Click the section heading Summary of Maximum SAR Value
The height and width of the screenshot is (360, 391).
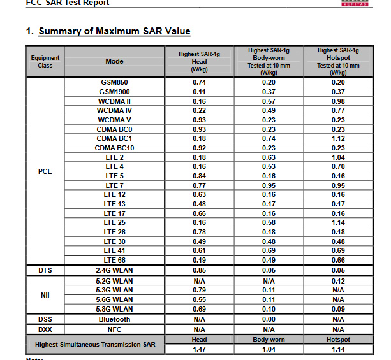coord(114,31)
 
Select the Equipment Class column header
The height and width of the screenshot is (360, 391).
coord(45,62)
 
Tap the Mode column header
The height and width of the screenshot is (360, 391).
coord(115,62)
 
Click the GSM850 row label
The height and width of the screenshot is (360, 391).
coord(115,82)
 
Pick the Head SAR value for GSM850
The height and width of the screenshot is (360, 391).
coord(199,82)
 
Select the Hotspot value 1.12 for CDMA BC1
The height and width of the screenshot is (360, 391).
coord(337,138)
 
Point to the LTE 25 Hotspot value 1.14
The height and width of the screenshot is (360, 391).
coord(337,222)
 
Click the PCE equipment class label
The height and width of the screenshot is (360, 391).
coord(45,171)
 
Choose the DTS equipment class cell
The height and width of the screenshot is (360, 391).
coord(45,270)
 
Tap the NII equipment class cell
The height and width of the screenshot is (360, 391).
coord(45,294)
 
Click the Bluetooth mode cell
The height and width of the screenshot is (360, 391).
coord(115,319)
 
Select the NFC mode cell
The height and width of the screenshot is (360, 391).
coord(115,329)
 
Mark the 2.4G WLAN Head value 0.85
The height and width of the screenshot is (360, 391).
coord(199,270)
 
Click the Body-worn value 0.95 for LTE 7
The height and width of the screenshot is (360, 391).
coord(268,185)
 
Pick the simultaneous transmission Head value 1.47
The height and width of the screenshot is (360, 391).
coord(199,350)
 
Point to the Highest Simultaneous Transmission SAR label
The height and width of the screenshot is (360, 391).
coord(95,345)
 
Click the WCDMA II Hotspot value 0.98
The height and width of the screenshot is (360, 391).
coord(337,101)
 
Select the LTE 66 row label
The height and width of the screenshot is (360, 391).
coord(115,260)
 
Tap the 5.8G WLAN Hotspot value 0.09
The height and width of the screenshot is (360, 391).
coord(337,309)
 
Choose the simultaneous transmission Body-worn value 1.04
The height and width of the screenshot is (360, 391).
coord(268,350)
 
